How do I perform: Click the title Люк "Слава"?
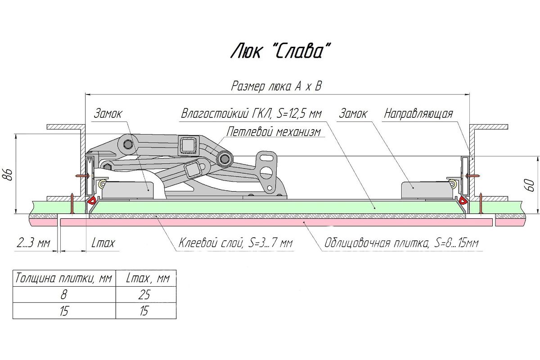pyautogui.click(x=277, y=51)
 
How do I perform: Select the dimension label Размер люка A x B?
pyautogui.click(x=276, y=86)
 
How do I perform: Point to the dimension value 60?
pyautogui.click(x=531, y=184)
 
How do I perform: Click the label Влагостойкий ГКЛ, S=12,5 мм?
pyautogui.click(x=251, y=114)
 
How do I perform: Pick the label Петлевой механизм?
pyautogui.click(x=274, y=132)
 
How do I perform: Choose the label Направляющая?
pyautogui.click(x=418, y=113)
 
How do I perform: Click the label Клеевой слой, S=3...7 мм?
pyautogui.click(x=235, y=243)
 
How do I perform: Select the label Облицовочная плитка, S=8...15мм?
pyautogui.click(x=401, y=243)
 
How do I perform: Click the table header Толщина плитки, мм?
pyautogui.click(x=63, y=279)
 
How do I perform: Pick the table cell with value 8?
pyautogui.click(x=63, y=295)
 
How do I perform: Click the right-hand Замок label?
pyautogui.click(x=353, y=113)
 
